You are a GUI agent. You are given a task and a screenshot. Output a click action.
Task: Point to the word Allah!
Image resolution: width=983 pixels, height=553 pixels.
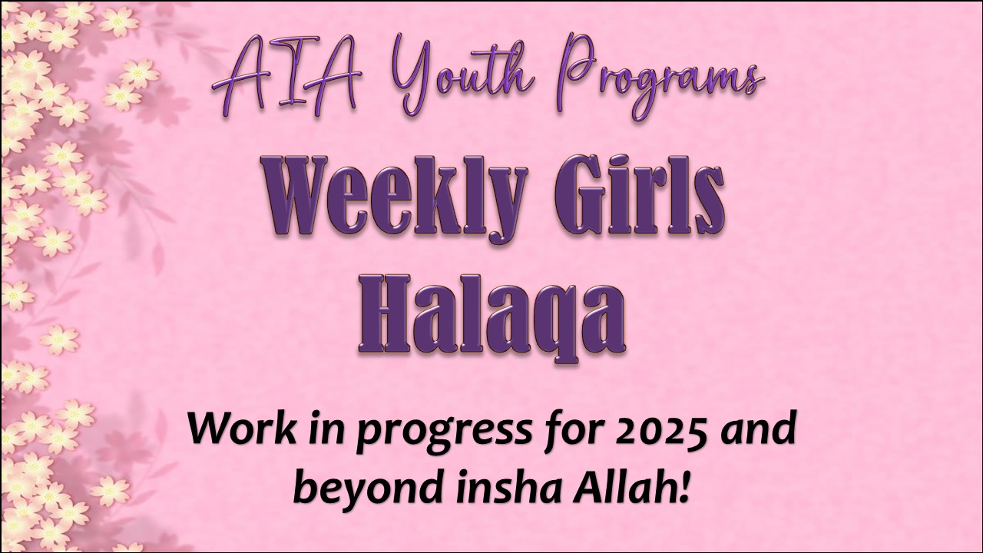coord(634,487)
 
